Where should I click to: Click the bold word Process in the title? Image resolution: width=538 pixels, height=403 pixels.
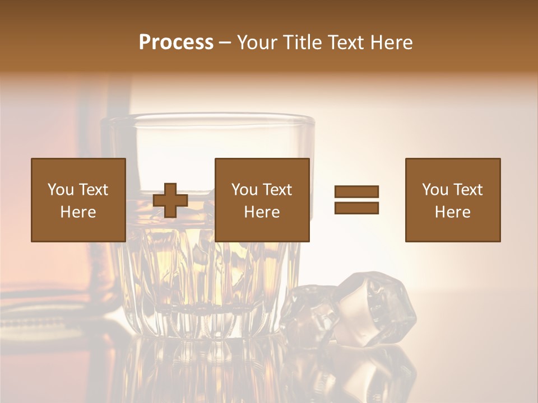(x=176, y=43)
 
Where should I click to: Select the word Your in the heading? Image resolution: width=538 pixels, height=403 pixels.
(x=256, y=43)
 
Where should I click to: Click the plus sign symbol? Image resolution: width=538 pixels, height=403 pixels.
(x=170, y=200)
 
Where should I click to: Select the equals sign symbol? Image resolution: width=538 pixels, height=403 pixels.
(x=357, y=200)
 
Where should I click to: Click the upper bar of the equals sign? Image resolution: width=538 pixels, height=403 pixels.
(x=357, y=192)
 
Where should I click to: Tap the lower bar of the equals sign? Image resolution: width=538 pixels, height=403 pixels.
(x=357, y=208)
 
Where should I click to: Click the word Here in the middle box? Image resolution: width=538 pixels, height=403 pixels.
(x=262, y=212)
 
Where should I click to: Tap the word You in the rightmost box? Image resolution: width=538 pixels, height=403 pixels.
(x=435, y=190)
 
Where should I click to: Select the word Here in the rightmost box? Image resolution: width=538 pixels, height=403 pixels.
(x=453, y=212)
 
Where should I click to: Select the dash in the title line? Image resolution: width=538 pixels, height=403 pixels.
(x=225, y=43)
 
